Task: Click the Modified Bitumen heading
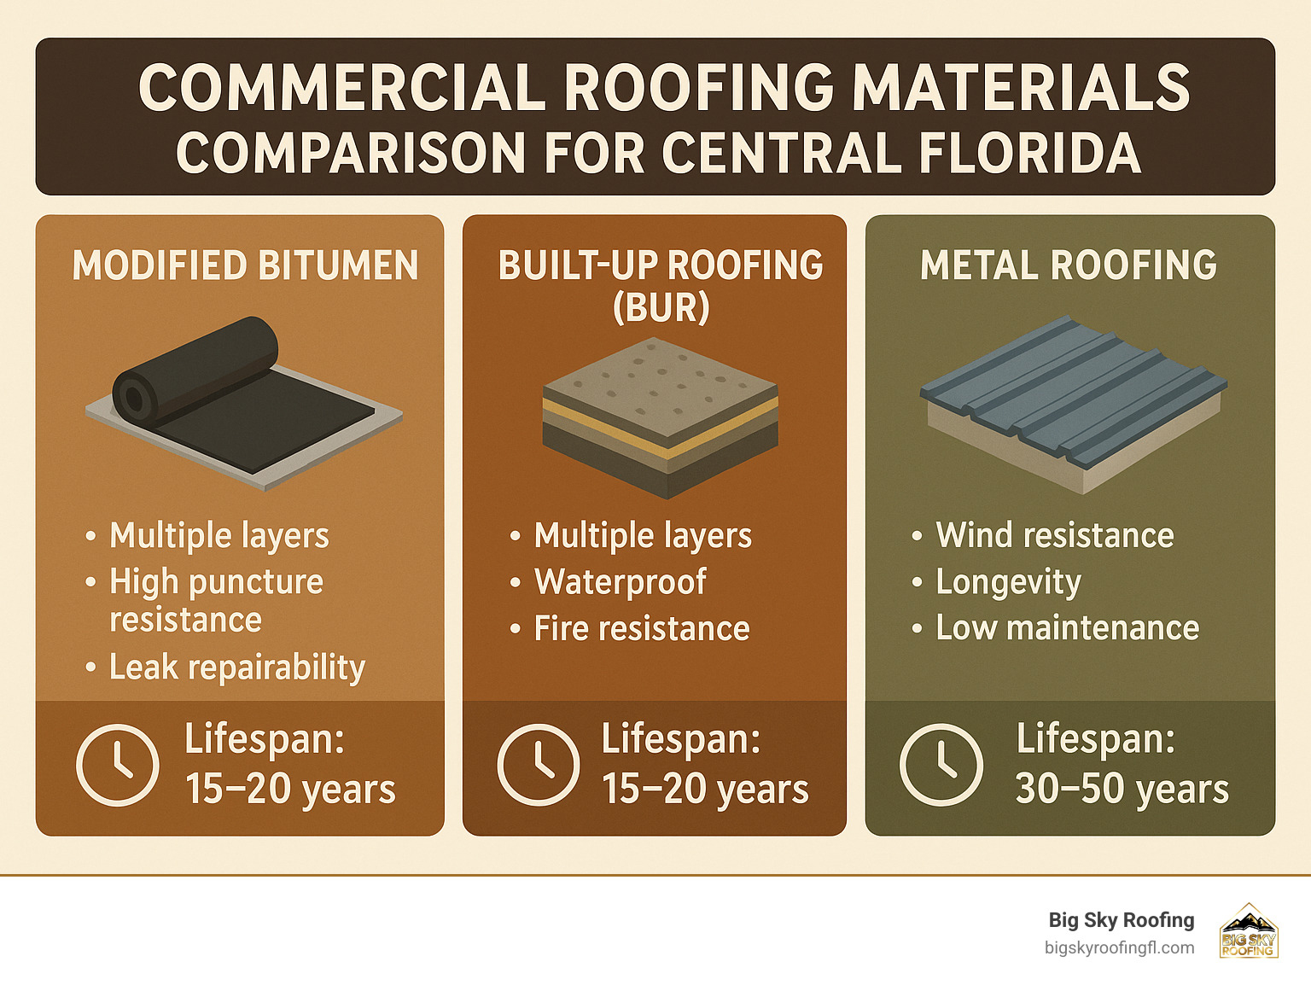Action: [245, 265]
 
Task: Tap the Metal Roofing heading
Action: [1069, 265]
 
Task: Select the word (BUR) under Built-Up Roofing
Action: [661, 307]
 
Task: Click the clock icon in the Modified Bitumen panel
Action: [117, 765]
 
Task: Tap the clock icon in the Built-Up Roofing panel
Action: [538, 765]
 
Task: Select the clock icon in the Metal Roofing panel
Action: [941, 765]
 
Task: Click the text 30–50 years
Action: [1122, 789]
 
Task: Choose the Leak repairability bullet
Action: [236, 667]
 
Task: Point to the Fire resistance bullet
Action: [641, 629]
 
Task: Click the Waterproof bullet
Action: [620, 582]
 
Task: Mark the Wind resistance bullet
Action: [1054, 536]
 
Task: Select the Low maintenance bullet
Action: [1067, 628]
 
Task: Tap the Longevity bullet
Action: [1008, 582]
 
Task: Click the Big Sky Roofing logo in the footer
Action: [1248, 931]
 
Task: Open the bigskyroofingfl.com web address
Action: [1119, 948]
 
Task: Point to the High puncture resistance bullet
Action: [216, 600]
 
